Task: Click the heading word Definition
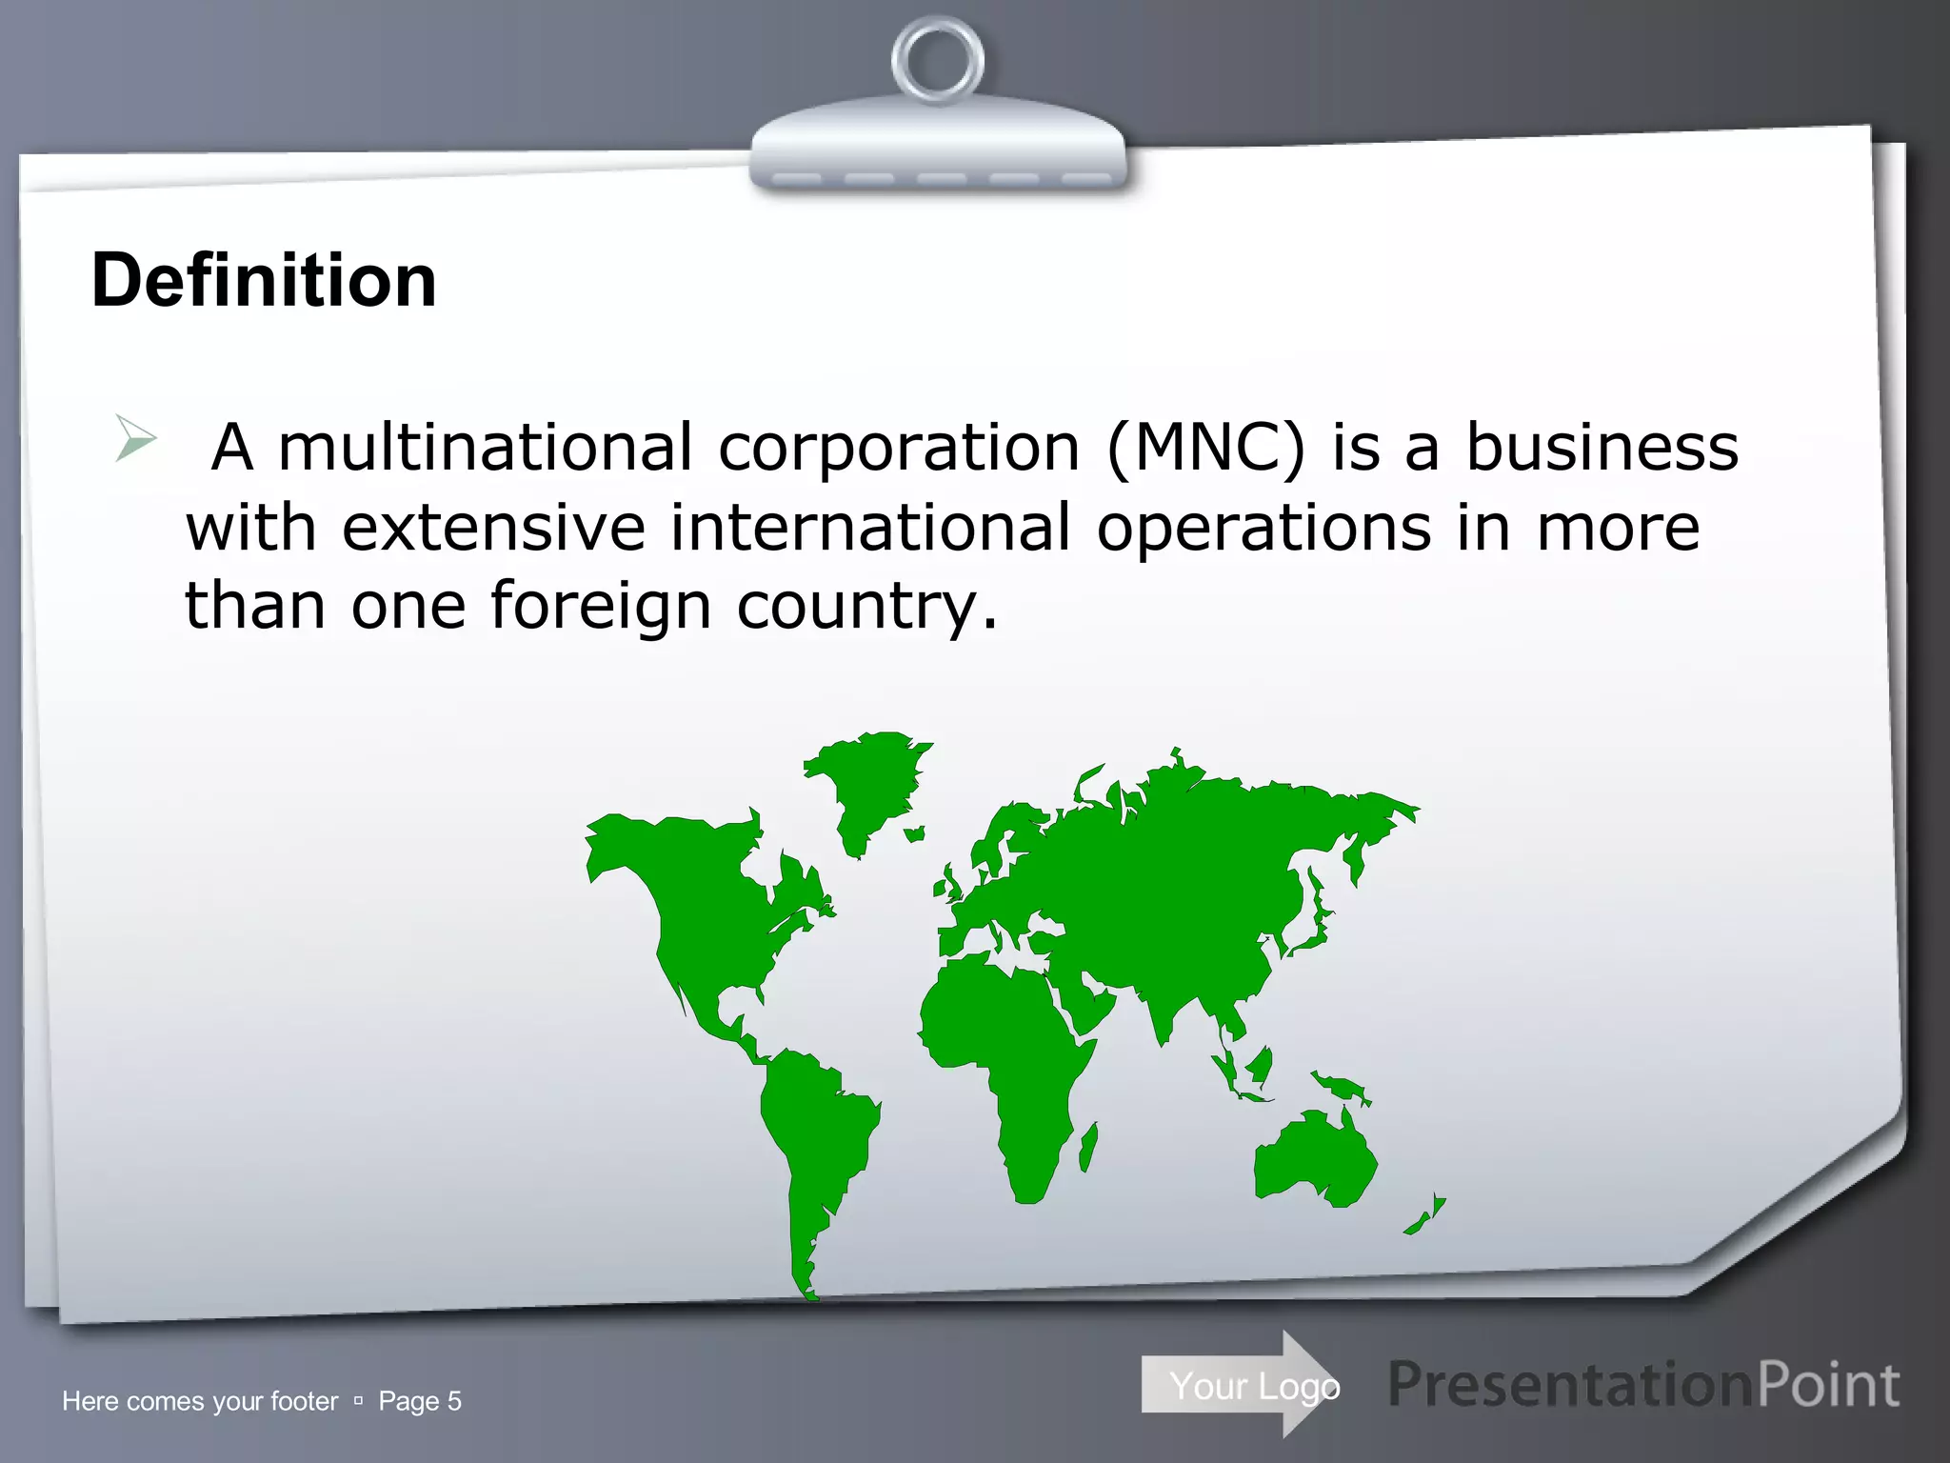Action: tap(264, 280)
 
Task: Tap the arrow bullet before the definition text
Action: tap(135, 438)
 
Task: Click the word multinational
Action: tap(486, 447)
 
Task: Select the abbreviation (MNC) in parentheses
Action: tap(1205, 447)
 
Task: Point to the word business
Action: tap(1602, 447)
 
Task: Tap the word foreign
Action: tap(601, 606)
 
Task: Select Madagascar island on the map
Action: tap(1087, 1148)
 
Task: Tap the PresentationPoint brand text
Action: tap(1643, 1385)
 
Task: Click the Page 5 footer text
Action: tap(420, 1401)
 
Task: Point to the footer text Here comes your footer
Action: tap(200, 1401)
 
